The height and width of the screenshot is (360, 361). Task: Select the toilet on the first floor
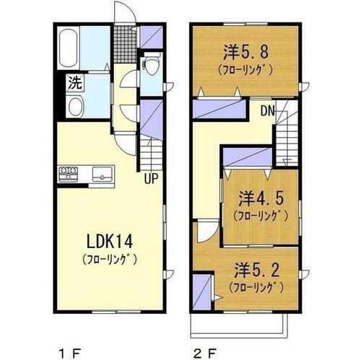[x=152, y=69]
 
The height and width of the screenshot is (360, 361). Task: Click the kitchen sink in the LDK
[x=102, y=173]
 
